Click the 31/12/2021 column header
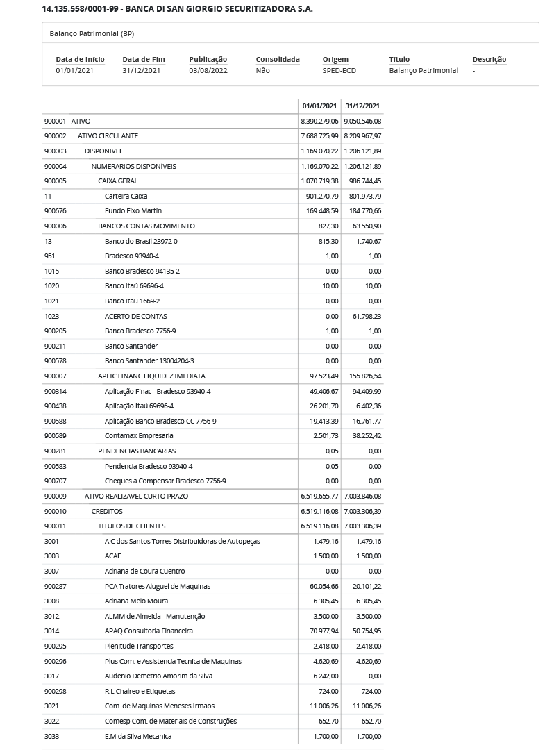[362, 106]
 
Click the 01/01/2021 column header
[319, 106]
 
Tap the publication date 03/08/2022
[208, 70]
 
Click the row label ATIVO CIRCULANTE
[108, 136]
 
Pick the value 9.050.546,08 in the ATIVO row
[362, 122]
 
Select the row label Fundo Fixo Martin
[133, 211]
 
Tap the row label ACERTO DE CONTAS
[136, 317]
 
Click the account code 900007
[56, 376]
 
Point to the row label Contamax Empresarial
[140, 436]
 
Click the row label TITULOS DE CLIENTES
[132, 526]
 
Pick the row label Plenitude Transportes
[139, 647]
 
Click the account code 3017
[51, 676]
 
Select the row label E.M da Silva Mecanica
[138, 737]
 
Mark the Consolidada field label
[278, 59]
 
